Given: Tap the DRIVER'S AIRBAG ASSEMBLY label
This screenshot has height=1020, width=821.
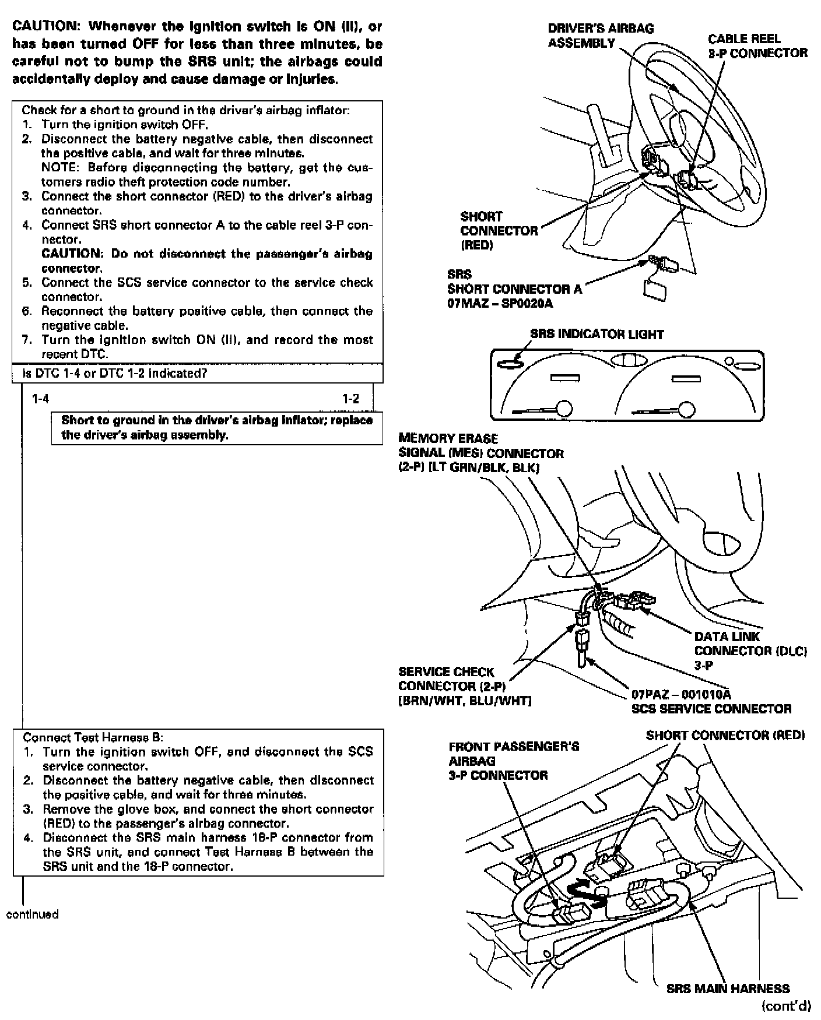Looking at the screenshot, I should coord(601,36).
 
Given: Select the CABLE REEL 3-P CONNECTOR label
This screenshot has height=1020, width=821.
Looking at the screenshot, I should coord(757,46).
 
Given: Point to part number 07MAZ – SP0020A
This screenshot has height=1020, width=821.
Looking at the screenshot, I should coord(500,303).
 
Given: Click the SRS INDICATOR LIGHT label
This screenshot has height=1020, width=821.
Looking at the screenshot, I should coord(597,335).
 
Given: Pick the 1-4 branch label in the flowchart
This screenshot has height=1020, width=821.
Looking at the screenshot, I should coord(40,399).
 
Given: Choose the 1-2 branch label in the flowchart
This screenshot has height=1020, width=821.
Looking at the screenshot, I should coord(350,399).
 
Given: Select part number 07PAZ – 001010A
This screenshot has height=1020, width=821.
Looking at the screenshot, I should coord(681,694).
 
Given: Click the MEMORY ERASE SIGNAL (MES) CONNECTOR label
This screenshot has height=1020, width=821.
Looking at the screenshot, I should coord(480,453).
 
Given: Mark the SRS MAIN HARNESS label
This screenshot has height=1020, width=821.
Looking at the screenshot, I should coord(728,989).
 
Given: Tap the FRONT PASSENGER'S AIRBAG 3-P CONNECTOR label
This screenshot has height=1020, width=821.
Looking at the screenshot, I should coord(513,761).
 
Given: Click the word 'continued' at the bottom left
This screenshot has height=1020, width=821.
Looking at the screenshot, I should coord(32,914).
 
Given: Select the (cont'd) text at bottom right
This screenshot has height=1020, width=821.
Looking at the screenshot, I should coord(786,1005).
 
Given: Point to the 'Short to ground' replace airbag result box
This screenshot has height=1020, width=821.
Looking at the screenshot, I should coord(217,428).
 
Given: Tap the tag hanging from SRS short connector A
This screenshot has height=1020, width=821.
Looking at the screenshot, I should coord(654,289).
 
